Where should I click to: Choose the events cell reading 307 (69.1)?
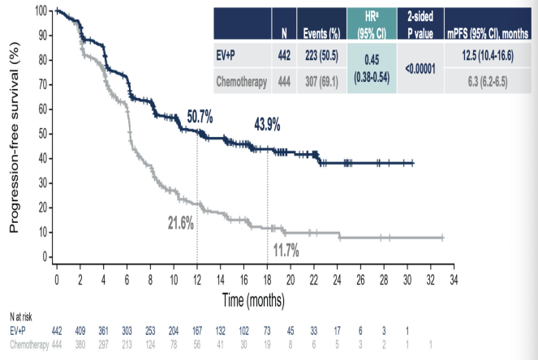coord(319,81)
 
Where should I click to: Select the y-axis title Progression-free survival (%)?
coord(15,139)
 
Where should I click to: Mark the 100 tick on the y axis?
coord(39,11)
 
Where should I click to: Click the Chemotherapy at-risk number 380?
coord(80,343)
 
